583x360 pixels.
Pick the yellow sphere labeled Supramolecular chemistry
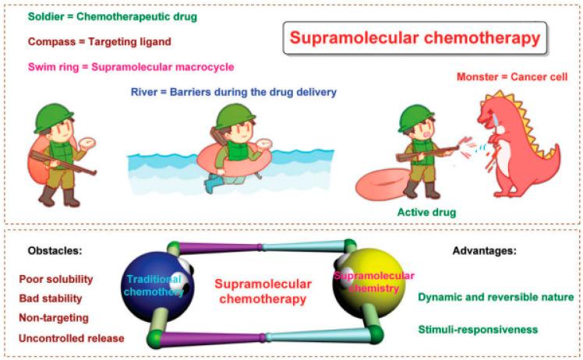(x=366, y=288)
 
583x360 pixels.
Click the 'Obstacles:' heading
(x=52, y=251)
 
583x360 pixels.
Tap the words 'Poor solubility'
(x=56, y=279)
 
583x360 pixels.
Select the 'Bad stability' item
(x=51, y=298)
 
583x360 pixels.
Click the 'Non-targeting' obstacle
(x=54, y=318)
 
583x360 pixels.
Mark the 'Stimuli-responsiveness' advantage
(x=477, y=330)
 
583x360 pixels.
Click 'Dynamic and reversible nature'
(x=495, y=297)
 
